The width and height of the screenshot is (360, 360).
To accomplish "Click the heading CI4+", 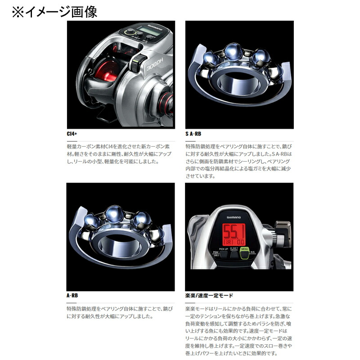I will [x=72, y=134].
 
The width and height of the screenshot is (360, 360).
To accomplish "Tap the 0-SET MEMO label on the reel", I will [x=233, y=249].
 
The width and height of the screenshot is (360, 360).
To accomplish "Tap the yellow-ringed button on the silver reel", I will [x=130, y=32].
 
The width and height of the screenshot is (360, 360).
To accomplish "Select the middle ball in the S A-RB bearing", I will [x=233, y=51].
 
